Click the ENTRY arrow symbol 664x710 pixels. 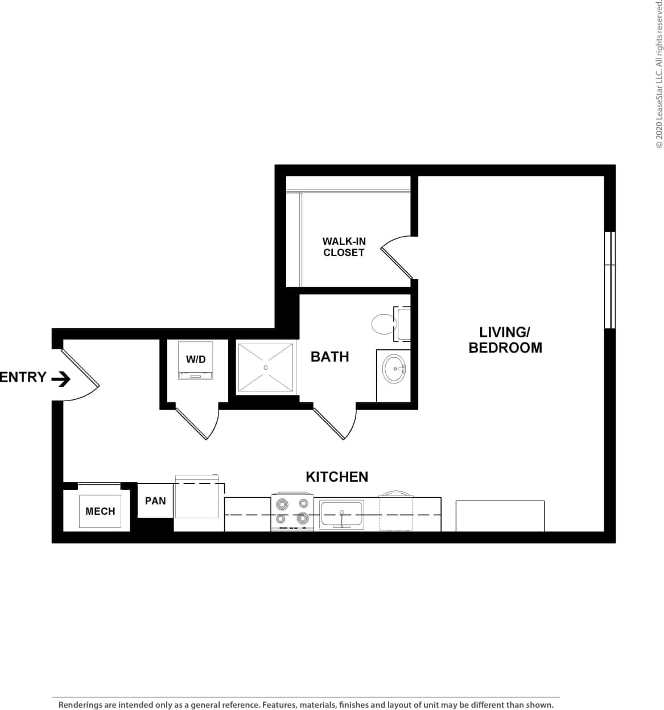click(x=61, y=378)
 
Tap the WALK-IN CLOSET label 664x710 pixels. click(x=344, y=247)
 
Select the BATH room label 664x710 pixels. click(x=329, y=357)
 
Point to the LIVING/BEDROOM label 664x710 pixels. click(x=505, y=340)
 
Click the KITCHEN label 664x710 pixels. click(x=337, y=477)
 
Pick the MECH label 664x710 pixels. click(x=100, y=511)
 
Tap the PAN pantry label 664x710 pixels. click(x=155, y=501)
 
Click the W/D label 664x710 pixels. click(x=196, y=360)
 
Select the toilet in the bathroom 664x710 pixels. click(x=385, y=324)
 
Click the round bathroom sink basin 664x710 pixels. click(x=394, y=369)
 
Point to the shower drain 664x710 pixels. click(x=265, y=368)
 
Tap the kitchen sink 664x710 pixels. click(x=341, y=514)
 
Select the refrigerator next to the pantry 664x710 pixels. click(x=197, y=498)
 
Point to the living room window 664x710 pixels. click(x=609, y=280)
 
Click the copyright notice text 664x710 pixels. click(x=659, y=74)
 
